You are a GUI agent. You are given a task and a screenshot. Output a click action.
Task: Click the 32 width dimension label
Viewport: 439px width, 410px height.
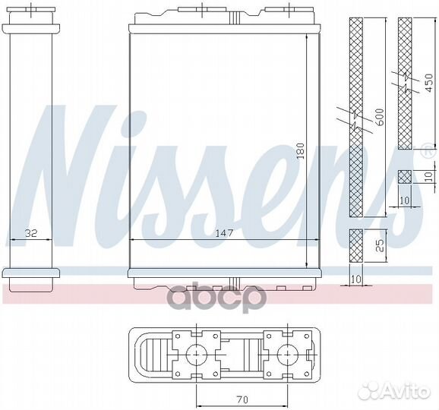31,233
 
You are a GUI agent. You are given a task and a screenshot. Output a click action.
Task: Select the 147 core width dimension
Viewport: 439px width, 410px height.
224,233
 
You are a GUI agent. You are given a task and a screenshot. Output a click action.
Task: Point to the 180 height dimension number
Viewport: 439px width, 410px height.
301,151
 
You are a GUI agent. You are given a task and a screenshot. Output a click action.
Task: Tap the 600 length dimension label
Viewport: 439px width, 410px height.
379,117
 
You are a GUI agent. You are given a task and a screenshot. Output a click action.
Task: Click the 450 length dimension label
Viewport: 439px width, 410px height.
428,83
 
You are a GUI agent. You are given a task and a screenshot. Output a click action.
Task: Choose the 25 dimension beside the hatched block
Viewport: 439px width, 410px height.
379,245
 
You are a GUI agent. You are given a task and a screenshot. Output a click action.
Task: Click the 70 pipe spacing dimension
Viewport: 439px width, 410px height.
242,399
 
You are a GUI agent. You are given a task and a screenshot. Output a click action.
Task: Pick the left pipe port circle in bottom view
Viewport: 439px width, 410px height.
197,355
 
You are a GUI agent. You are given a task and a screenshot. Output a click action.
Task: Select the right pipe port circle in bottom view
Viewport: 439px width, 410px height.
288,355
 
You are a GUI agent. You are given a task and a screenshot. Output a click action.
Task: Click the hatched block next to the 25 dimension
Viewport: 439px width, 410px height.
356,246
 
